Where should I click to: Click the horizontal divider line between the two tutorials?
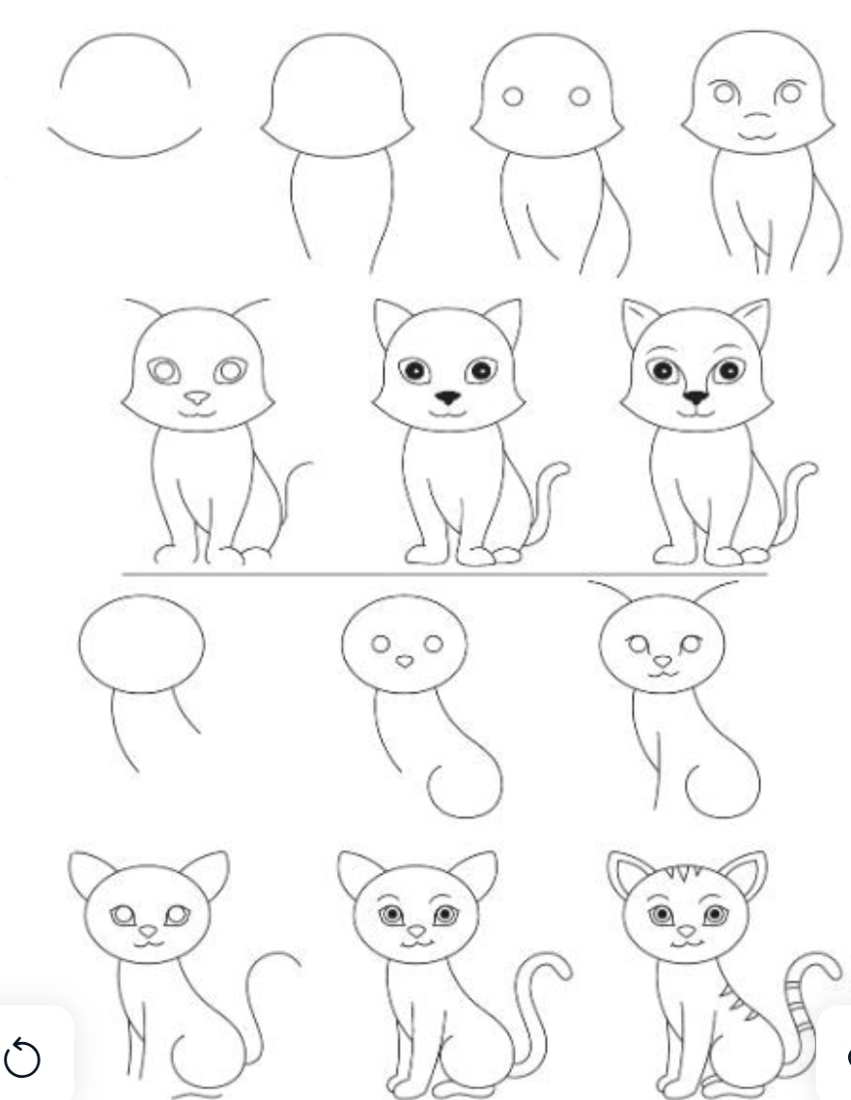point(444,573)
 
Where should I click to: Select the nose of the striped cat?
point(686,932)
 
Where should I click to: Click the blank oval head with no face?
point(142,643)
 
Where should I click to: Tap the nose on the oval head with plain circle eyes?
point(405,661)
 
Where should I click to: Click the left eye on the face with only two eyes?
point(513,96)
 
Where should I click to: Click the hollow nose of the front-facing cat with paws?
point(197,397)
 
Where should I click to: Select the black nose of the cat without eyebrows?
point(447,397)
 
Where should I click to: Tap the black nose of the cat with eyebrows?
point(695,396)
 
